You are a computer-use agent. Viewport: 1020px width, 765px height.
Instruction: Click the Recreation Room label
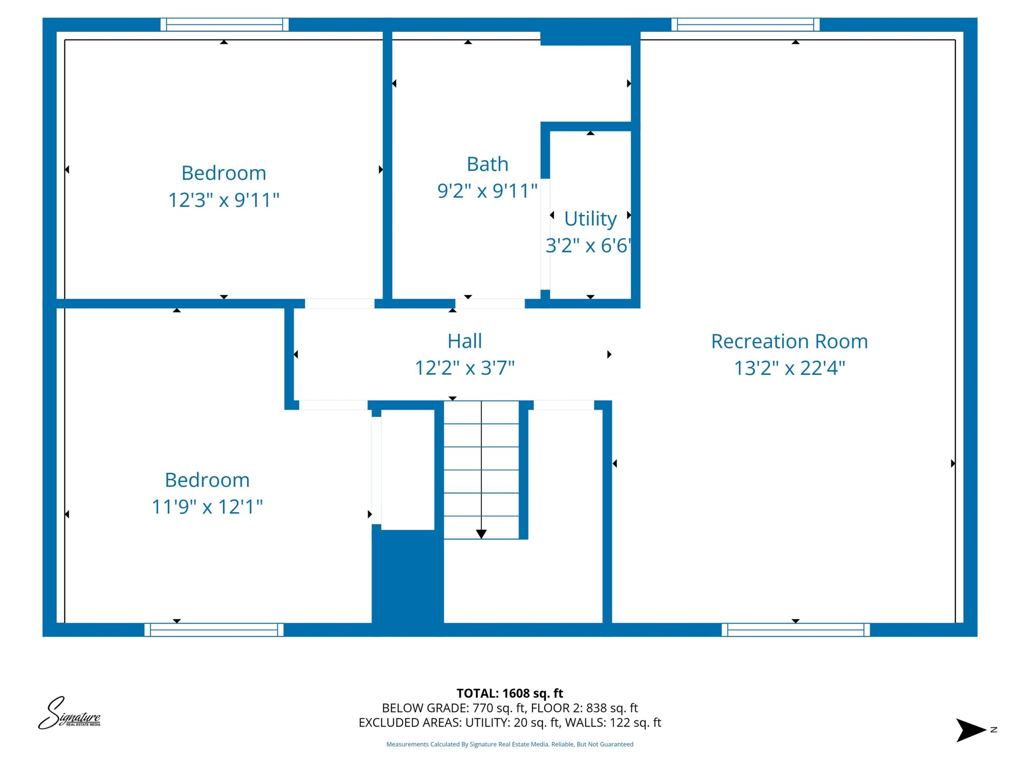(x=789, y=342)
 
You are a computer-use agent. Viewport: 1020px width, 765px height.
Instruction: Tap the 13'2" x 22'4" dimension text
(x=789, y=368)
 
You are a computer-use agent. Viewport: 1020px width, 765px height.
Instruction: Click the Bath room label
(x=487, y=164)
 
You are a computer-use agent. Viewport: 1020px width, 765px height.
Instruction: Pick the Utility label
(x=590, y=220)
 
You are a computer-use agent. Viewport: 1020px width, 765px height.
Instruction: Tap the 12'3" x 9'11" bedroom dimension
(x=224, y=200)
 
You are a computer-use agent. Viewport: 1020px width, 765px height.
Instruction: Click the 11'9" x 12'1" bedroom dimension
(x=207, y=507)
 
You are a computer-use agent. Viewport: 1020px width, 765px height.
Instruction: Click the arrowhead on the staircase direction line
(x=481, y=534)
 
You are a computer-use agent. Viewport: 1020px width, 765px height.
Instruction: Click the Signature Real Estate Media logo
(x=69, y=713)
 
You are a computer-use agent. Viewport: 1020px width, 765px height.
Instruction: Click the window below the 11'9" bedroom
(x=214, y=630)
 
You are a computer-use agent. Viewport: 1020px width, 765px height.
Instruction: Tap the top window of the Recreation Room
(x=745, y=24)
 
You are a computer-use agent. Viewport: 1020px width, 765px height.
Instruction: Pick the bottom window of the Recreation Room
(x=795, y=630)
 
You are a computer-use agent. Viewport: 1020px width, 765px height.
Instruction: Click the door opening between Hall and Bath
(x=490, y=304)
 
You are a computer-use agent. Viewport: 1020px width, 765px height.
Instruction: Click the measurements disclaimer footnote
(x=510, y=744)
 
